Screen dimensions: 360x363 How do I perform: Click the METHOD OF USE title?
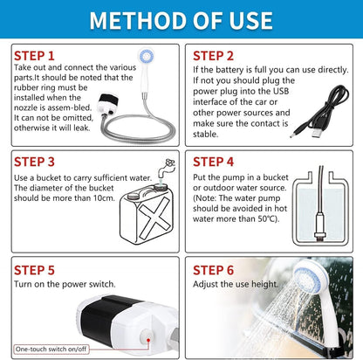181,19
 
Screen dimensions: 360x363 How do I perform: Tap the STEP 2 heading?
215,54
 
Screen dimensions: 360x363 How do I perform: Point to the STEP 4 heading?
215,161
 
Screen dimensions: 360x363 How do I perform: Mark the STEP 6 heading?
215,270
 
